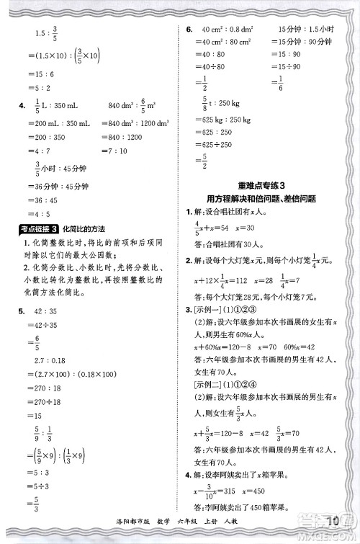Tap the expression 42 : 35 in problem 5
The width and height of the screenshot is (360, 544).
point(46,312)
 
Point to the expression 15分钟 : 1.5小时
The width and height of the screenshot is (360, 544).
point(305,30)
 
